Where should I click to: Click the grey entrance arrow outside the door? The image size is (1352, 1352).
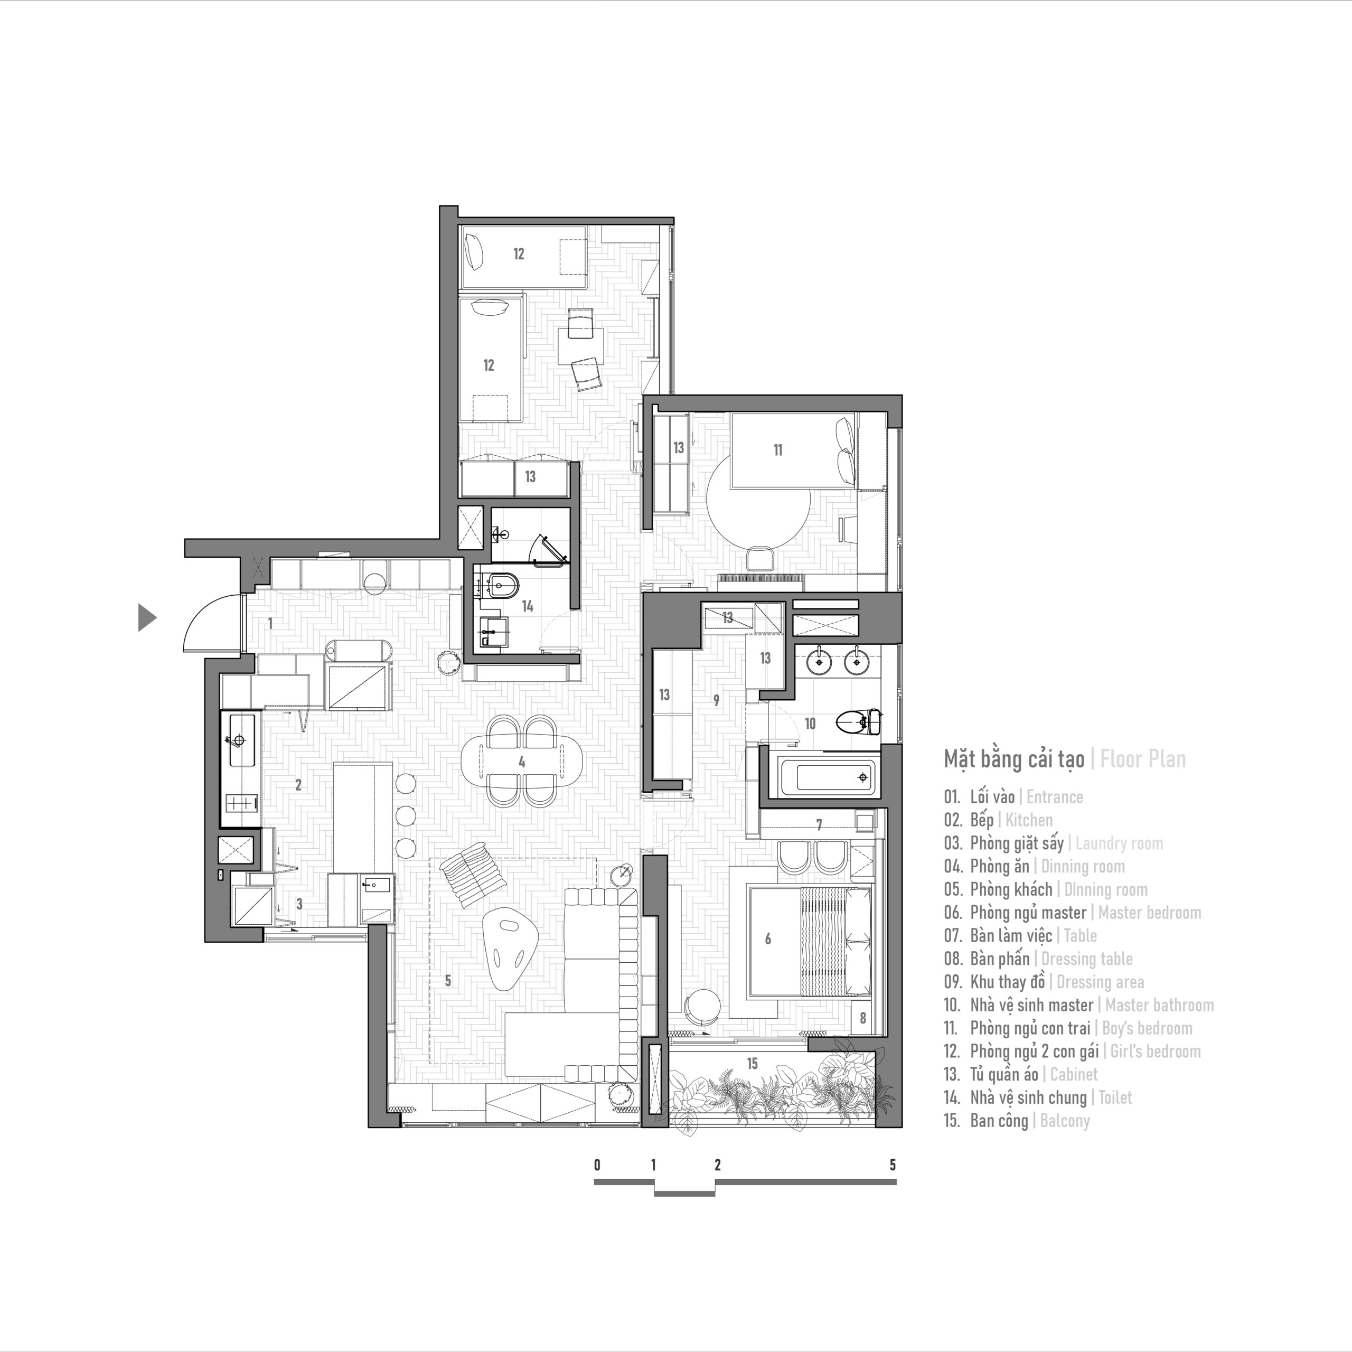(x=146, y=617)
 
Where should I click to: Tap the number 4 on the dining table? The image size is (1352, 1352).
(x=521, y=762)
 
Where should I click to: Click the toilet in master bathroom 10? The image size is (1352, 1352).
(x=858, y=721)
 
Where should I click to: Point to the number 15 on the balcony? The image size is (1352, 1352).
(x=752, y=1064)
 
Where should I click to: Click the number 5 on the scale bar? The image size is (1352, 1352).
(x=892, y=1165)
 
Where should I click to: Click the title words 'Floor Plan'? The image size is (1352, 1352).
(x=1143, y=759)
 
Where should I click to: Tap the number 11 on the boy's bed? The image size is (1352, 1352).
(x=777, y=450)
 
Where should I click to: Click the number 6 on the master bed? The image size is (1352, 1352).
(x=768, y=939)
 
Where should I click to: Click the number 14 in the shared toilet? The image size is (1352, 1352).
(x=528, y=606)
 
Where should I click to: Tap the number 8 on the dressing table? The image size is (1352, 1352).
(x=863, y=1019)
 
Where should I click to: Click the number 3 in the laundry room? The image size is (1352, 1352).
(x=299, y=904)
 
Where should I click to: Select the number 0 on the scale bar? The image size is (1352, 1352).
(x=597, y=1165)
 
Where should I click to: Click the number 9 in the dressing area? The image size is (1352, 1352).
(x=716, y=700)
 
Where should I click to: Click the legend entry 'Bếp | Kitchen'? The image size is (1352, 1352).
(x=1011, y=820)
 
